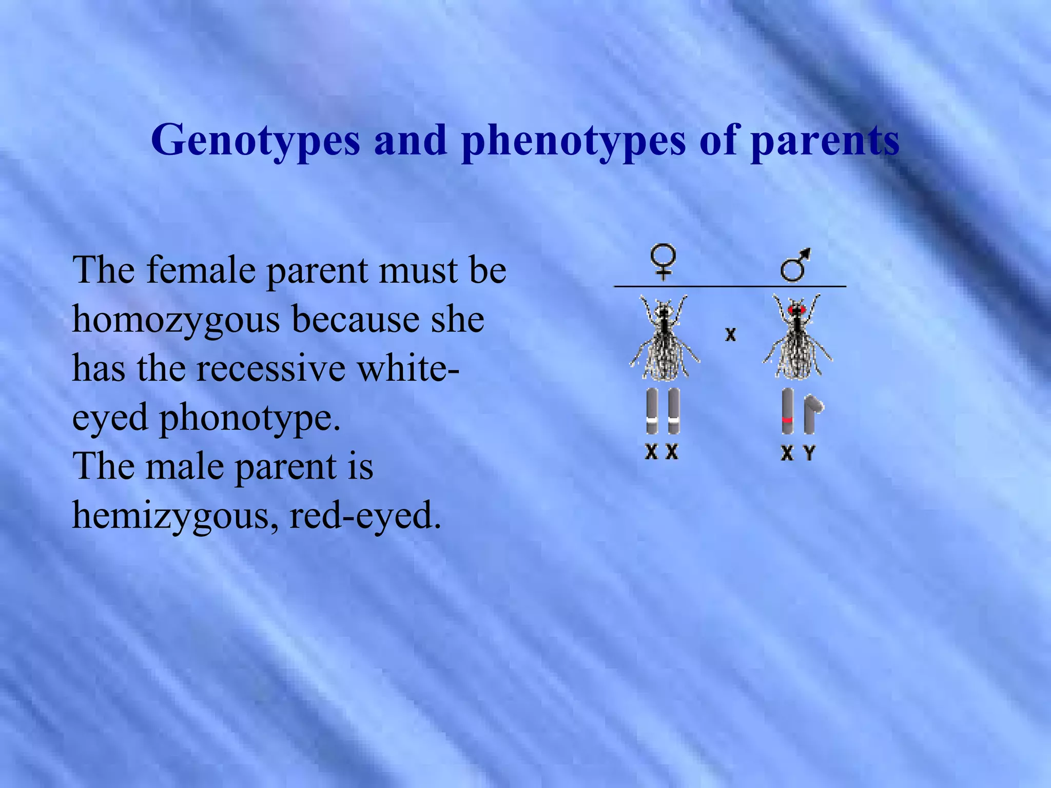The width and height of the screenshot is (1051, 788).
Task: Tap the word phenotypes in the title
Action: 573,141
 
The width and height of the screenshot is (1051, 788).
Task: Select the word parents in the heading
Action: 825,141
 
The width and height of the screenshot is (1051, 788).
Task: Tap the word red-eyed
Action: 365,516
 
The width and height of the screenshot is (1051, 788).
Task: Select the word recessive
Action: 271,368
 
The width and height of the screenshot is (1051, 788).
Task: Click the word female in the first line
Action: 201,270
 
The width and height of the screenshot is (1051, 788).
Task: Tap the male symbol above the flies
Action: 795,264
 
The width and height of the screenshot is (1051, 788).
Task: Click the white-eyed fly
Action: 664,339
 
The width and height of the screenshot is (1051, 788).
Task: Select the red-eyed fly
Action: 796,339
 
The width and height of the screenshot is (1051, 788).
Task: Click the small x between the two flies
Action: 730,335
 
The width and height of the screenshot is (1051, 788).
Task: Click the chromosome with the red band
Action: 787,411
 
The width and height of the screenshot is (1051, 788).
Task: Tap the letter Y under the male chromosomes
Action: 809,453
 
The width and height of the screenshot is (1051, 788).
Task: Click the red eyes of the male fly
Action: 796,310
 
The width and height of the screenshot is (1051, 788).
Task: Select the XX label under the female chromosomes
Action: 661,452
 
